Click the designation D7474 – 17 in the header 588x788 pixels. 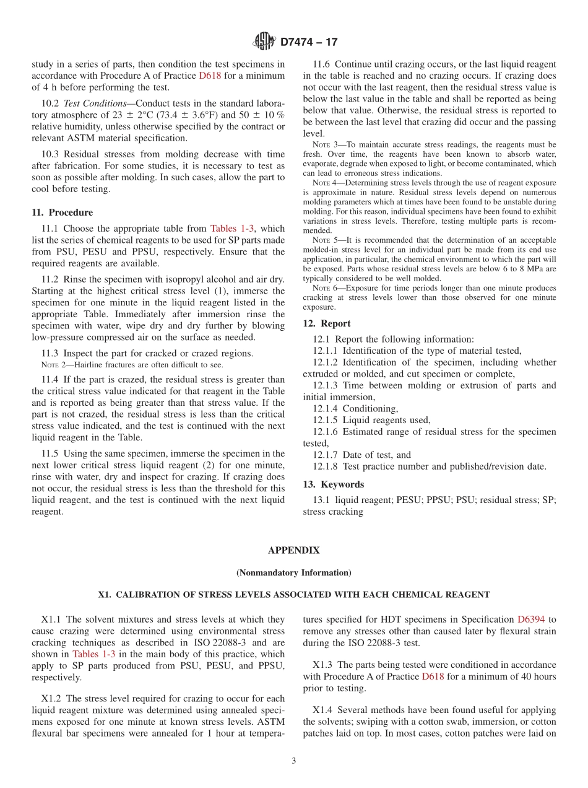coord(309,42)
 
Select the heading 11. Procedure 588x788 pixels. coord(62,212)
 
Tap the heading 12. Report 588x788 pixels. coord(326,323)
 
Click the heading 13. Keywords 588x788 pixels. coord(333,484)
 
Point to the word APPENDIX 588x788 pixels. coord(293,550)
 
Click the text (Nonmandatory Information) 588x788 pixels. coord(293,572)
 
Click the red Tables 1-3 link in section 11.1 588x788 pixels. coord(232,229)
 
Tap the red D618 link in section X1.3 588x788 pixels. coord(432,676)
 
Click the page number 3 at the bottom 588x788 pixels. coord(293,761)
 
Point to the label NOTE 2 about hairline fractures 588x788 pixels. coord(53,365)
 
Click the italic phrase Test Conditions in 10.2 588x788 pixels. coord(95,103)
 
